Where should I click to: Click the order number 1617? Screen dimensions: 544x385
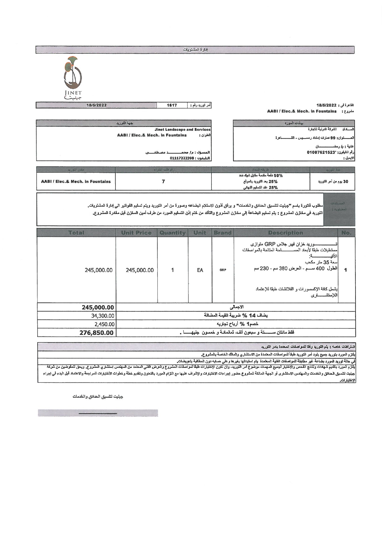(x=172, y=105)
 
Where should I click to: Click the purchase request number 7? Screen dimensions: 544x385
(x=163, y=181)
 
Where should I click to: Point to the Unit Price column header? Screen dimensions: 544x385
(x=136, y=233)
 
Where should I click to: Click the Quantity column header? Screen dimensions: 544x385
(x=172, y=233)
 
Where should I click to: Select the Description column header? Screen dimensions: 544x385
(x=285, y=233)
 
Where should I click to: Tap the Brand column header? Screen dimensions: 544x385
(x=223, y=233)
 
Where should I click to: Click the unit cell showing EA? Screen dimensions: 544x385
(x=200, y=270)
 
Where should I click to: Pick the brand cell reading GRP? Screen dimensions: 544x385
(x=223, y=270)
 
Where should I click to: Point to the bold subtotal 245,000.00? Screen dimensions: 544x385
(x=98, y=308)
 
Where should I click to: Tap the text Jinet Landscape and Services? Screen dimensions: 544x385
(x=183, y=130)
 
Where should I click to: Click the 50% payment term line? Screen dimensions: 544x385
(x=260, y=176)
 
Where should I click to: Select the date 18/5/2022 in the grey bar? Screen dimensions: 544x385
(x=97, y=105)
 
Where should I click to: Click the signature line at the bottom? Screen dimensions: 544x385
(x=98, y=413)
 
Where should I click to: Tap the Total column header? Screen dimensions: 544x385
(x=76, y=233)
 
